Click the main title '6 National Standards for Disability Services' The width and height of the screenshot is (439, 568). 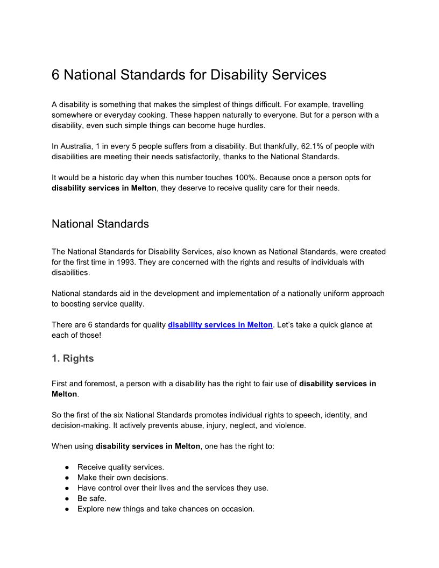point(189,75)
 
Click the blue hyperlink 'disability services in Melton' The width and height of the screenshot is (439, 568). point(220,325)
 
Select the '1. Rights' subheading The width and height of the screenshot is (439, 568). point(73,358)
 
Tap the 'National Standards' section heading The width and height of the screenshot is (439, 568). point(100,224)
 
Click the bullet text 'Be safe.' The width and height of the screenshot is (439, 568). point(91,498)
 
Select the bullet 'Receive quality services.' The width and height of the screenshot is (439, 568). point(121,467)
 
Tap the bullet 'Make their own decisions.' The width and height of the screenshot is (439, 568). point(123,477)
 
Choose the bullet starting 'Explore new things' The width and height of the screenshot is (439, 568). point(166,508)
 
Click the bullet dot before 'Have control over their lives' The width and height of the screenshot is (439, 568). point(67,488)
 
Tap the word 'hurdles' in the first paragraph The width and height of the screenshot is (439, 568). point(251,125)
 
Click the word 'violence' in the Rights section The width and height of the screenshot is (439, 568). point(290,425)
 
